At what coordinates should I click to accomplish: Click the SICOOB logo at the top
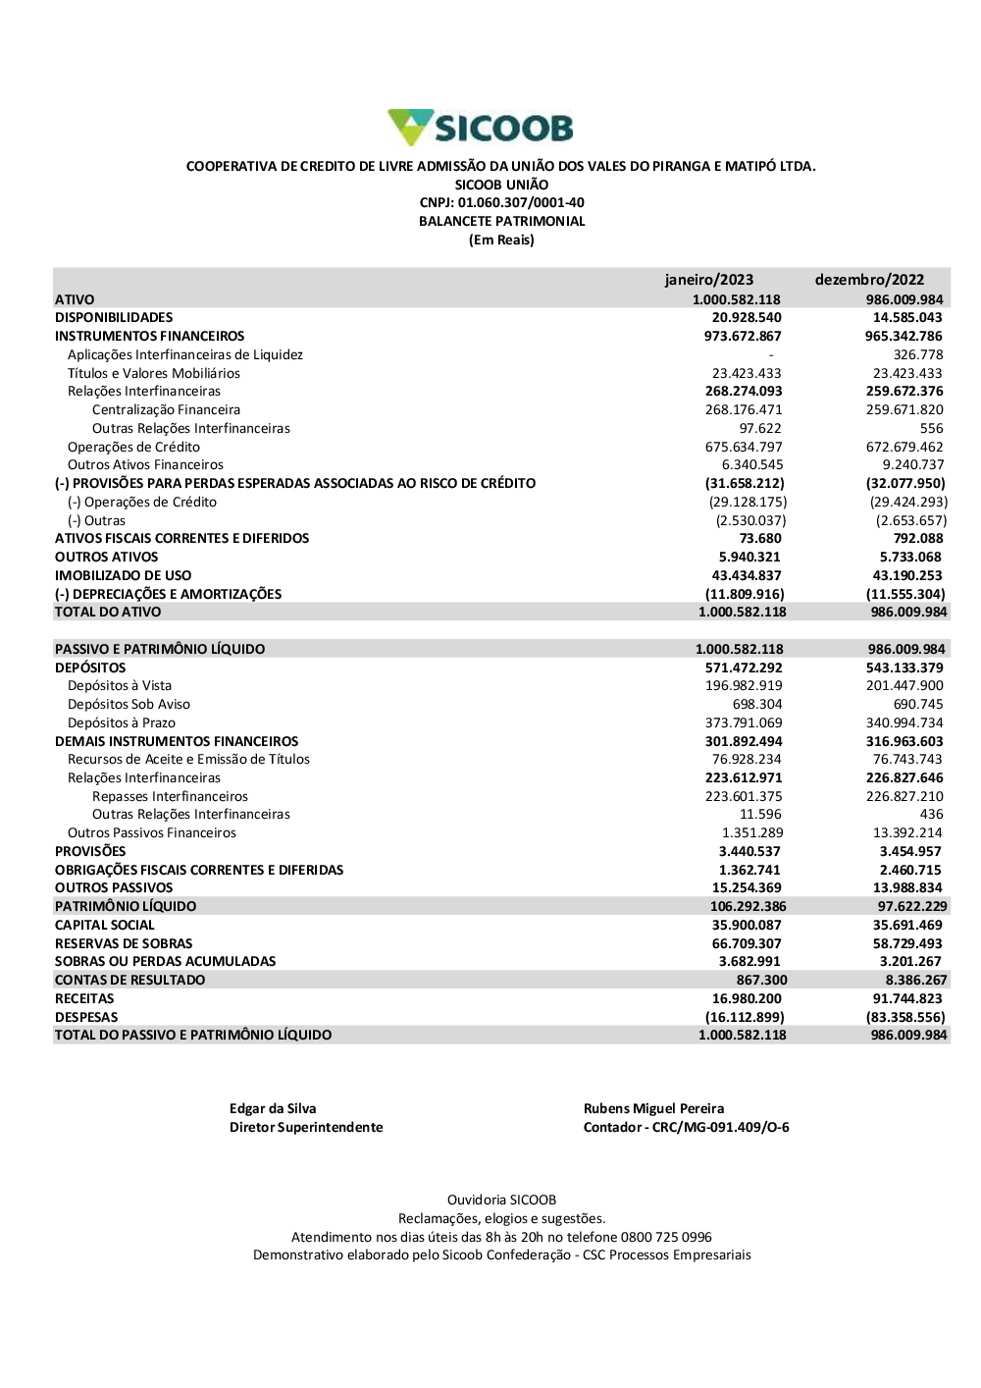pyautogui.click(x=481, y=128)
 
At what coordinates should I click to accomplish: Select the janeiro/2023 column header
pyautogui.click(x=708, y=280)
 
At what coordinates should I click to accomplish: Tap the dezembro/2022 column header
pyautogui.click(x=869, y=280)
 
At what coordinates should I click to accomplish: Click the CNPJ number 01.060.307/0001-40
pyautogui.click(x=521, y=203)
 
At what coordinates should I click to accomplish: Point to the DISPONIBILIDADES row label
pyautogui.click(x=114, y=318)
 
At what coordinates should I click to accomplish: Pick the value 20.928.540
pyautogui.click(x=747, y=318)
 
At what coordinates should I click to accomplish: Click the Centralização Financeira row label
pyautogui.click(x=166, y=410)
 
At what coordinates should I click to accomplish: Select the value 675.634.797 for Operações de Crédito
pyautogui.click(x=744, y=447)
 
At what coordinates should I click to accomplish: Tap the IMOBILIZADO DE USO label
pyautogui.click(x=124, y=575)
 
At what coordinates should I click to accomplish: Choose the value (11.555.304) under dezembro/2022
pyautogui.click(x=905, y=594)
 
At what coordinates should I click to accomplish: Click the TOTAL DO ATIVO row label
pyautogui.click(x=108, y=613)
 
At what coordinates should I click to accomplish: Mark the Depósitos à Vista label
pyautogui.click(x=120, y=686)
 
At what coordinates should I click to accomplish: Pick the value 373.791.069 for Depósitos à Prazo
pyautogui.click(x=744, y=723)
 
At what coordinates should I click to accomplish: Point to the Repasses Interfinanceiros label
pyautogui.click(x=170, y=797)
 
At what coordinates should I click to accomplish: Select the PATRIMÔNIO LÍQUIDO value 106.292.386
pyautogui.click(x=748, y=907)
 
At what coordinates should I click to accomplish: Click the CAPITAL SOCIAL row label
pyautogui.click(x=105, y=926)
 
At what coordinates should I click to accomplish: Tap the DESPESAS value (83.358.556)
pyautogui.click(x=905, y=1018)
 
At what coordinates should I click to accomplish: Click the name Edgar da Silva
pyautogui.click(x=273, y=1109)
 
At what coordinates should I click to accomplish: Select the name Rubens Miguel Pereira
pyautogui.click(x=653, y=1109)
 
